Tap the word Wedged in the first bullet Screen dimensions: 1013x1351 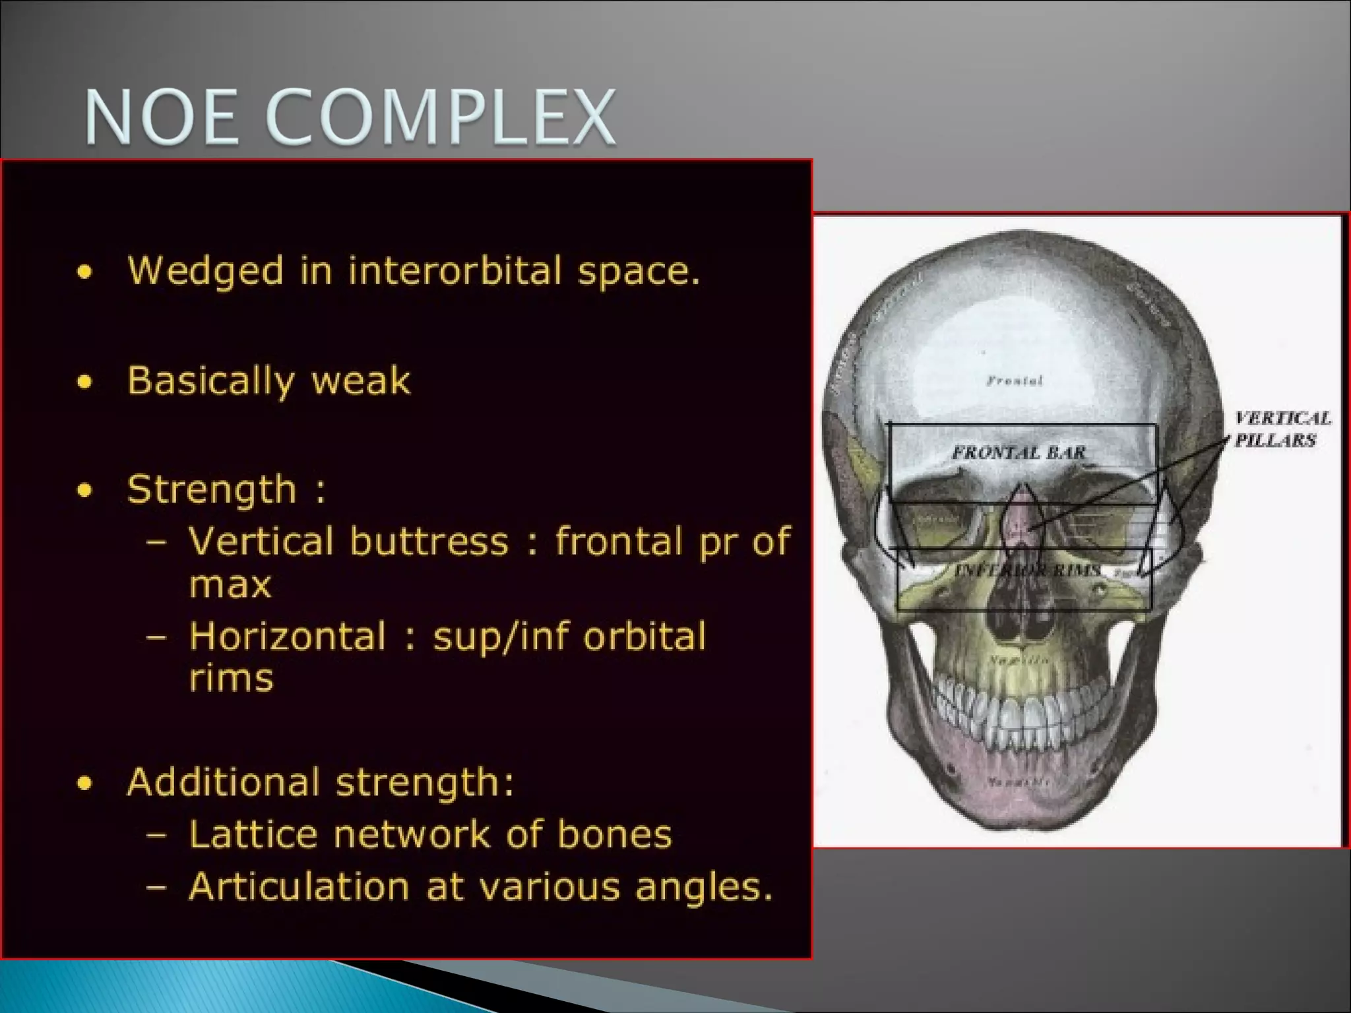click(205, 271)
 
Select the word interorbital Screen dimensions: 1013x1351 click(456, 270)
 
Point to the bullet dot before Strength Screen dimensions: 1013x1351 click(84, 491)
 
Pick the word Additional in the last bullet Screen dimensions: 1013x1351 click(224, 782)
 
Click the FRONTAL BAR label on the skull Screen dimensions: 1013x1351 click(1019, 452)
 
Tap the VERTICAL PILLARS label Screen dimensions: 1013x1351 click(1281, 429)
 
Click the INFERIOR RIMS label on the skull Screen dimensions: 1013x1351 click(1026, 570)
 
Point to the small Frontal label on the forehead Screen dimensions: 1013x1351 click(1015, 381)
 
